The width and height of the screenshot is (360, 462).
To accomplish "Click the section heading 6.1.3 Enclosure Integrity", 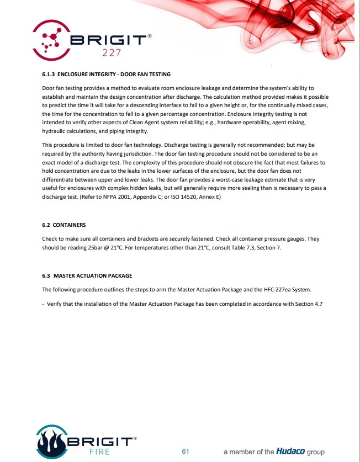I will pyautogui.click(x=107, y=74).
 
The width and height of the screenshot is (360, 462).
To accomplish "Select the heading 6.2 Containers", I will pyautogui.click(x=63, y=225).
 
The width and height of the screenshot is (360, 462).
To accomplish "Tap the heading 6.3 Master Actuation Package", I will pyautogui.click(x=87, y=275).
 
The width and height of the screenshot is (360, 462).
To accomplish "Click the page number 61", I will pyautogui.click(x=186, y=452).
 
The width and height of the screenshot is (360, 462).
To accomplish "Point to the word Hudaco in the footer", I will pyautogui.click(x=290, y=452).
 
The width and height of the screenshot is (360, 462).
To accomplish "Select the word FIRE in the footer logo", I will pyautogui.click(x=99, y=452).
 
